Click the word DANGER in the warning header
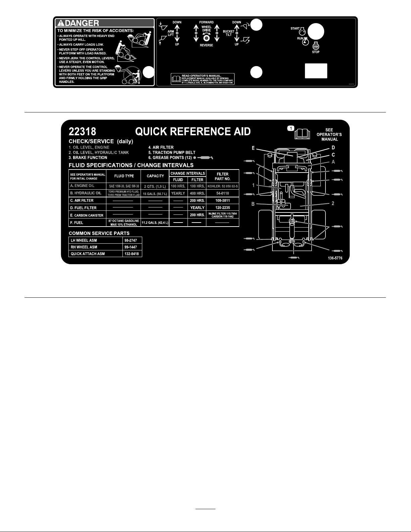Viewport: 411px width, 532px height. coord(82,23)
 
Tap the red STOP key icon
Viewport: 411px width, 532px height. coord(315,47)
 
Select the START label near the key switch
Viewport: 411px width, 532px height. coord(295,29)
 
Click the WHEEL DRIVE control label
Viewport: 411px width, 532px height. coord(206,29)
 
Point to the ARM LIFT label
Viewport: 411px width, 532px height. coord(171,33)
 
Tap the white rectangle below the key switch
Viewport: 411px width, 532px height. coord(316,70)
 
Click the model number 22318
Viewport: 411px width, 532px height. coord(82,131)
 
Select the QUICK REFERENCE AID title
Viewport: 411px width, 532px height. coord(193,131)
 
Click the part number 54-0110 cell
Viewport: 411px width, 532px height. coord(222,193)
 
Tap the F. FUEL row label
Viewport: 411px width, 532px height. coord(77,223)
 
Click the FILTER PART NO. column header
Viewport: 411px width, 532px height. coord(222,176)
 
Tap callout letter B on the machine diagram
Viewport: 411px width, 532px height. coord(253,204)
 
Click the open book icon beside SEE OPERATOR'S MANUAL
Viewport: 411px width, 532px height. coord(302,134)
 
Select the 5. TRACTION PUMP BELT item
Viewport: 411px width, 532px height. coord(172,152)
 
